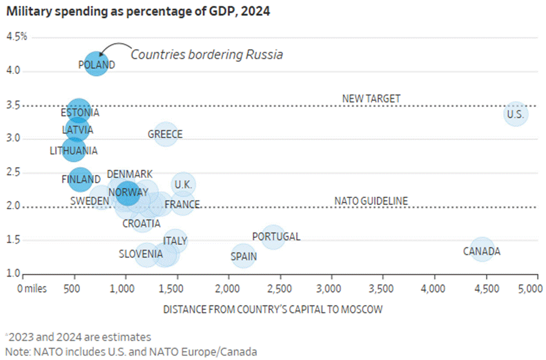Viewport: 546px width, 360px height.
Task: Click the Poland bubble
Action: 96,64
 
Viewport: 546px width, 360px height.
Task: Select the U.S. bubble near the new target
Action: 515,113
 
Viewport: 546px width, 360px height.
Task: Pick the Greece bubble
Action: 165,134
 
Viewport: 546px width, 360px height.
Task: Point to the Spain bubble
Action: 244,256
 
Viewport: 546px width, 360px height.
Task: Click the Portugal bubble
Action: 273,237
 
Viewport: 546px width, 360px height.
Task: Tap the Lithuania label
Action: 73,151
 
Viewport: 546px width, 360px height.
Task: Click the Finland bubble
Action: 80,180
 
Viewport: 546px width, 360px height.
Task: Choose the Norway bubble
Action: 128,193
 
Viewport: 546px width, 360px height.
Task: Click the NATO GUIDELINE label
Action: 371,201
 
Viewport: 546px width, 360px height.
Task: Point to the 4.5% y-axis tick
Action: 16,37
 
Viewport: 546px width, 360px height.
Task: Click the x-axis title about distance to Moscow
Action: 273,310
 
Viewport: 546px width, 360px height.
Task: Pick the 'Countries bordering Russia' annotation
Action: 207,54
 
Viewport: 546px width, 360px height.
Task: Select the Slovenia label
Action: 141,254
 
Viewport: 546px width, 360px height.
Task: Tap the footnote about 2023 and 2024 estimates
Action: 78,337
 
